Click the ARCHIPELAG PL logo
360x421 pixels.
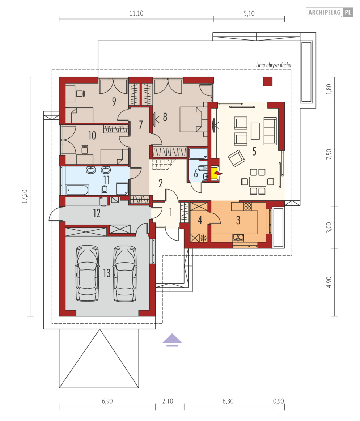329,12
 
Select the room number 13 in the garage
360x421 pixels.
107,273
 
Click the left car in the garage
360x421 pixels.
87,273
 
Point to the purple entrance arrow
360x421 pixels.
172,340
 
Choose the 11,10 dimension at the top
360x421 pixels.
136,13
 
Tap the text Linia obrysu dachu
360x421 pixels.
273,65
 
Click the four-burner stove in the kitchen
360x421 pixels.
248,206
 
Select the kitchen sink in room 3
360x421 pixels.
238,237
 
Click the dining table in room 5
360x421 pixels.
257,182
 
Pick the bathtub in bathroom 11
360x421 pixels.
77,190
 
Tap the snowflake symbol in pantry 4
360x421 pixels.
204,238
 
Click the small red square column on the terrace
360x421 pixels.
268,82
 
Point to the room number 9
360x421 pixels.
114,102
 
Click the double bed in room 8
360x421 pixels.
191,119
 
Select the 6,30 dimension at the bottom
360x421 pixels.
228,401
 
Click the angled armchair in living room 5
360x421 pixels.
236,158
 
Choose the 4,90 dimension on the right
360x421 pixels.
329,282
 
